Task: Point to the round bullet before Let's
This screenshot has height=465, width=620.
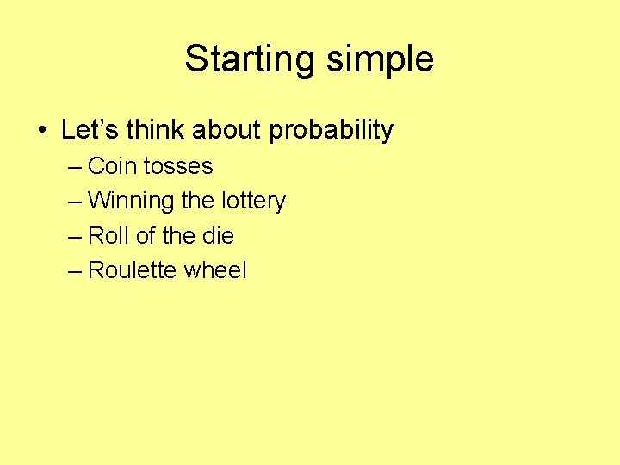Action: pyautogui.click(x=42, y=131)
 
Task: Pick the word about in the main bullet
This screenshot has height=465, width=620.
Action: pyautogui.click(x=227, y=130)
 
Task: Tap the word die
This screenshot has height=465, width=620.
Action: pyautogui.click(x=218, y=236)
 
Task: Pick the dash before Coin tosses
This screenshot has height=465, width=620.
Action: pyautogui.click(x=75, y=166)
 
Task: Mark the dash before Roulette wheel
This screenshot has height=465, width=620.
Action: pyautogui.click(x=75, y=271)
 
